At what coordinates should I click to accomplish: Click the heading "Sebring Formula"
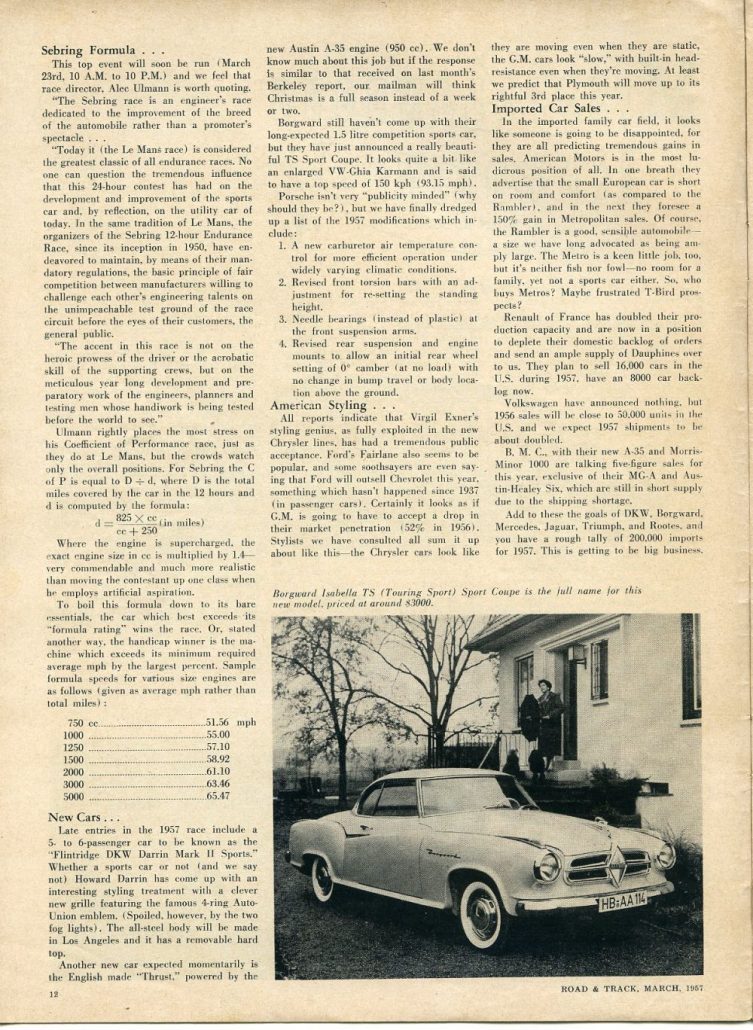(96, 49)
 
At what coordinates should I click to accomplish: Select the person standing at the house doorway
(548, 716)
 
